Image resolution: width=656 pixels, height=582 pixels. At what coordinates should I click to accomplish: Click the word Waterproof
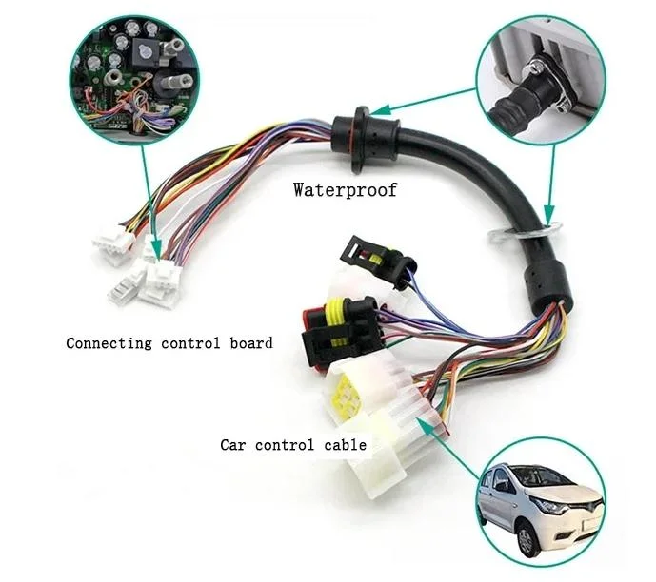[345, 190]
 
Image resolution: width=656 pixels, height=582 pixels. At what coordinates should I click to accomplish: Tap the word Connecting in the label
[109, 343]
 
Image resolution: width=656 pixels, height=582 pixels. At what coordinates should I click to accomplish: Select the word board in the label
[251, 342]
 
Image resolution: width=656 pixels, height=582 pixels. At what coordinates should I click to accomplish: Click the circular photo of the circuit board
[134, 79]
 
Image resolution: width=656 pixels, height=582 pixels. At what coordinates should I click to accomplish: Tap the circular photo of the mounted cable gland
[542, 79]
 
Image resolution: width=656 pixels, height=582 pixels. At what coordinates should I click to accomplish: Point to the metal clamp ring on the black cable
[525, 232]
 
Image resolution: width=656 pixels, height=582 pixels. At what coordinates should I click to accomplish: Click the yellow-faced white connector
[359, 386]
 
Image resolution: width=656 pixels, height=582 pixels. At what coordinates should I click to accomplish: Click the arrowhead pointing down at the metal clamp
[549, 213]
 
